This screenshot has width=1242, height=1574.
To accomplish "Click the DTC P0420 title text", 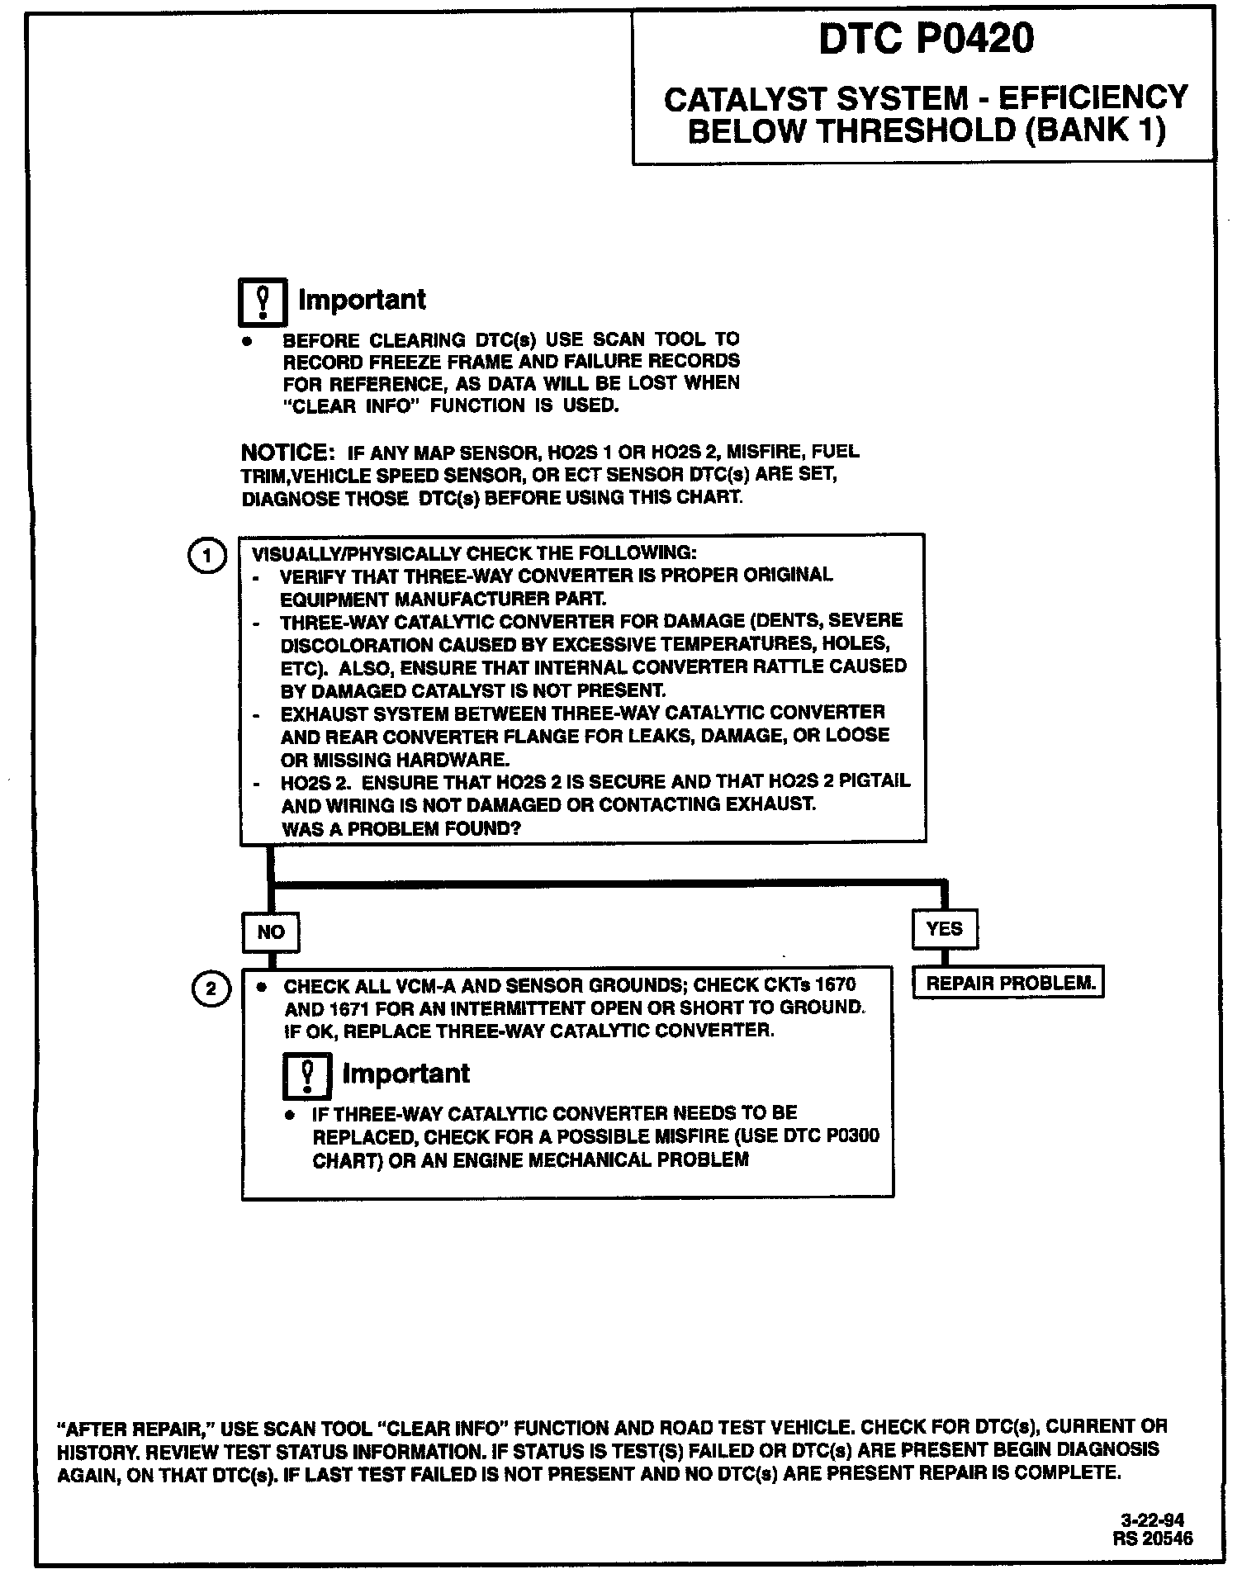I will pos(926,39).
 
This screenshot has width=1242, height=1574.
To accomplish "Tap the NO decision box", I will pos(270,932).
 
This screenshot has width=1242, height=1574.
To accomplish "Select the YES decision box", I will pos(944,928).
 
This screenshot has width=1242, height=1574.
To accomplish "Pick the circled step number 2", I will pos(210,988).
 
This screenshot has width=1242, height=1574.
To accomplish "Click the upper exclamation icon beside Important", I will pos(263,302).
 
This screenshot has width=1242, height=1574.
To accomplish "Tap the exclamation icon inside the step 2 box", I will pos(307,1076).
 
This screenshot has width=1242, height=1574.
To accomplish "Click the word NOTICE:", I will pos(286,453).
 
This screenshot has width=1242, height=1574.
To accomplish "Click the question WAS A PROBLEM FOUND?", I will pos(401,827).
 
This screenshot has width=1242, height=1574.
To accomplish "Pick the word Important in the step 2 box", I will pos(405,1074).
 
